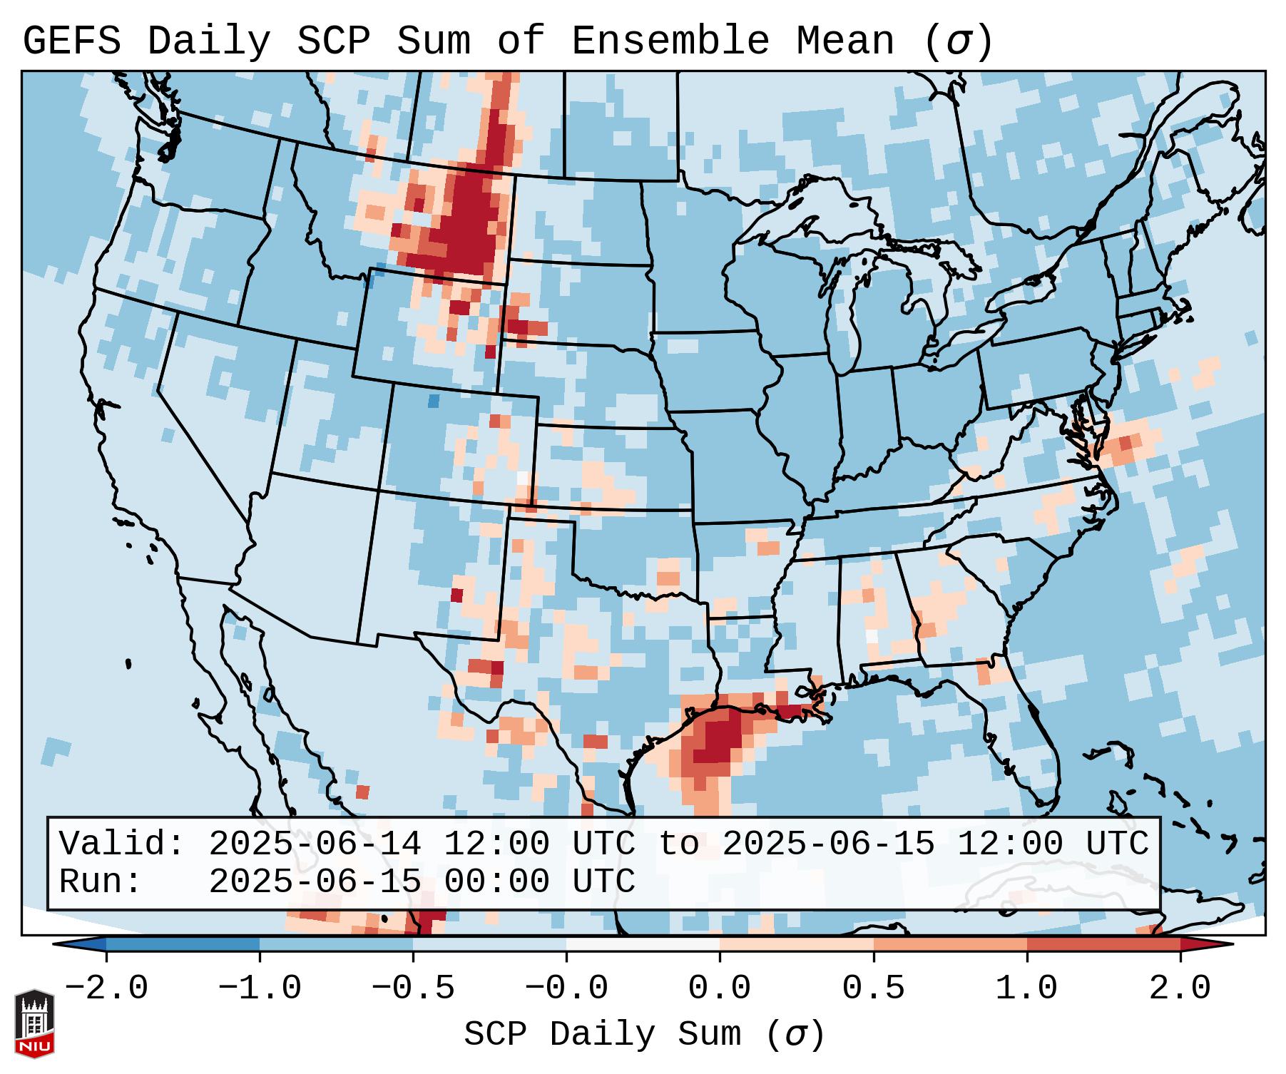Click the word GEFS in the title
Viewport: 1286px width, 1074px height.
pos(71,41)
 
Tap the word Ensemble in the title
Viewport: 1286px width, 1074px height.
pos(670,41)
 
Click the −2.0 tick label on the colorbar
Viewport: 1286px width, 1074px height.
pos(106,988)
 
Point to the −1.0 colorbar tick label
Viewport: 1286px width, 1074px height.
pos(260,988)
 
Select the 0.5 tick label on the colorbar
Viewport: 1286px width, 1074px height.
pos(873,988)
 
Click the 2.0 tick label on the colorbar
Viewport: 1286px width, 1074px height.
pos(1180,988)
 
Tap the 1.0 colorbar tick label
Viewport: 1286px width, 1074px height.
pos(1026,988)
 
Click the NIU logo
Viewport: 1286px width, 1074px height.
pos(34,1023)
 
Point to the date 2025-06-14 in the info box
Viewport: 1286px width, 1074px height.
pos(315,844)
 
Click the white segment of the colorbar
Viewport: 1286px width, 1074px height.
pos(643,944)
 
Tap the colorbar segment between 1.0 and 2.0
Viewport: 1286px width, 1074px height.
pos(1103,944)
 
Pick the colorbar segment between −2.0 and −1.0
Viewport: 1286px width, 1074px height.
pos(183,944)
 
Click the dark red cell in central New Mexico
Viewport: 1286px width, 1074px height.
pos(457,595)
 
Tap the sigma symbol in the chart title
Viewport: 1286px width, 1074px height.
pos(958,41)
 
